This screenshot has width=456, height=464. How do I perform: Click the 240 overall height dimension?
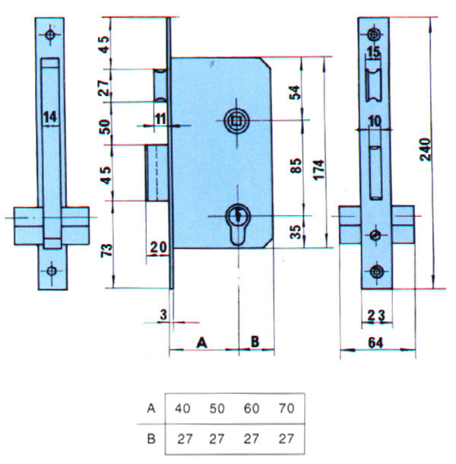coord(425,149)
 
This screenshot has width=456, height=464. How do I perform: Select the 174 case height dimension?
coord(319,170)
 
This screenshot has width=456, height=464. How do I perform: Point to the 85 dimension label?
coord(296,165)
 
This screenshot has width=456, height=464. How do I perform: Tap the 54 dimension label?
coord(295,92)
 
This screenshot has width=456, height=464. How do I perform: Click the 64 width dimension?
coord(375,342)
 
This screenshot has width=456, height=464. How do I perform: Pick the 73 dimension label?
coord(107,250)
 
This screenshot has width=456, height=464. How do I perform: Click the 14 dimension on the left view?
coord(50,117)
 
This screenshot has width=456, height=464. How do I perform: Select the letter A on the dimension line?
coord(201,342)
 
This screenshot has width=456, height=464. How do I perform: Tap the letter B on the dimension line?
coord(255,342)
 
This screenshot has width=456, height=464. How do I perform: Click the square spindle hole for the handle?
coord(236,120)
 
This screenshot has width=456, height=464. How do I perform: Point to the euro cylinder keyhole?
coord(238,224)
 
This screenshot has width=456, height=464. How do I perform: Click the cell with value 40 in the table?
coord(182,408)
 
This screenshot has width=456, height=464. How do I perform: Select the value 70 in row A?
coord(287,408)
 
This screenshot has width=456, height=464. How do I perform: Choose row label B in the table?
coord(151,439)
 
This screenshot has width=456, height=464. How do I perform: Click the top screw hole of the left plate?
coord(50,35)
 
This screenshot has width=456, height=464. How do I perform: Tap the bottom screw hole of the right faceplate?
coord(376,272)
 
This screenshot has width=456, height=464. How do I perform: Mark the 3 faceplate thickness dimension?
coord(163,315)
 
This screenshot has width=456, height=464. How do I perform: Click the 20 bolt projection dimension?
coord(159,247)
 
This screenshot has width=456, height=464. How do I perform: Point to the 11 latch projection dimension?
coord(160,119)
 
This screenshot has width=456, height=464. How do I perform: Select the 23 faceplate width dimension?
coord(376,316)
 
